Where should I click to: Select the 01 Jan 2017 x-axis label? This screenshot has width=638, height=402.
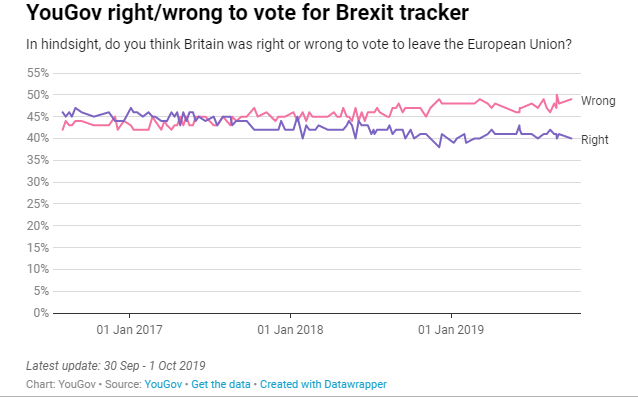pyautogui.click(x=129, y=328)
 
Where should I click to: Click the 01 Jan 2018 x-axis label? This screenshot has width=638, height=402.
pyautogui.click(x=290, y=328)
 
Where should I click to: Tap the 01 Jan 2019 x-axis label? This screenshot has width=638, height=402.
pyautogui.click(x=451, y=328)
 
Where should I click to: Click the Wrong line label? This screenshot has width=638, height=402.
pyautogui.click(x=598, y=101)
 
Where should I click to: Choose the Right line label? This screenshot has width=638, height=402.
pyautogui.click(x=594, y=140)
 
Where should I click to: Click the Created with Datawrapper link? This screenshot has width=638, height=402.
pyautogui.click(x=323, y=384)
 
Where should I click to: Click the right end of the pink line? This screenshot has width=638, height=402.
pyautogui.click(x=572, y=99)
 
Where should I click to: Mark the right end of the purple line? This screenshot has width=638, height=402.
pyautogui.click(x=572, y=138)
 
